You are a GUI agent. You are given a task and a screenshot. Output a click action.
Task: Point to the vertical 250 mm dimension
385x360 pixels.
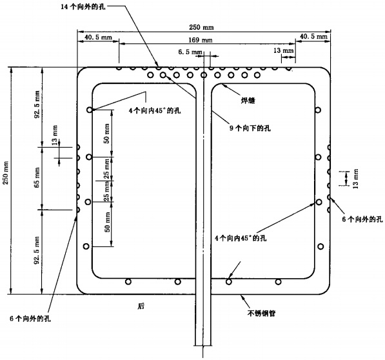point(6,181)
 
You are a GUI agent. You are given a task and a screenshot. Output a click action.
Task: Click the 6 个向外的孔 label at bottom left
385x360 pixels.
point(31,319)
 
